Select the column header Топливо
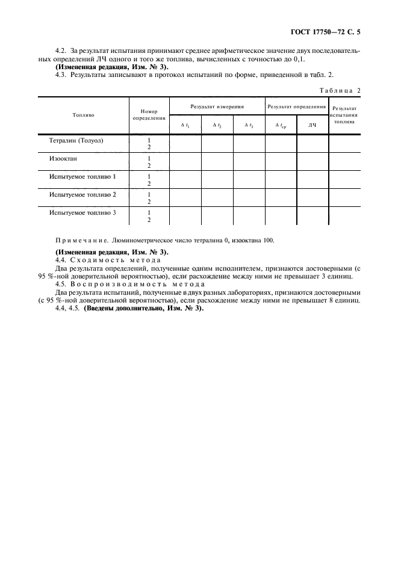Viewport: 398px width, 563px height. (83, 114)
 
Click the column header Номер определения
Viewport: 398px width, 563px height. (148, 114)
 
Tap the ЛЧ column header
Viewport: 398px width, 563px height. (312, 125)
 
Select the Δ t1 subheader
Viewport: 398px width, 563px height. (185, 125)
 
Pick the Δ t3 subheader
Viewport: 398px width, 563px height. (249, 125)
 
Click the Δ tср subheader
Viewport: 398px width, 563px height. (281, 125)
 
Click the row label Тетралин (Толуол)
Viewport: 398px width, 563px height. (76, 140)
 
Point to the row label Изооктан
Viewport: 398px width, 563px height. (64, 159)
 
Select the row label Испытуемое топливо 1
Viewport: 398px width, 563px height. (83, 177)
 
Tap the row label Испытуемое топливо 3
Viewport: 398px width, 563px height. (83, 213)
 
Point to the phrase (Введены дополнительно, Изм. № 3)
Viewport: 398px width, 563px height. (143, 308)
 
